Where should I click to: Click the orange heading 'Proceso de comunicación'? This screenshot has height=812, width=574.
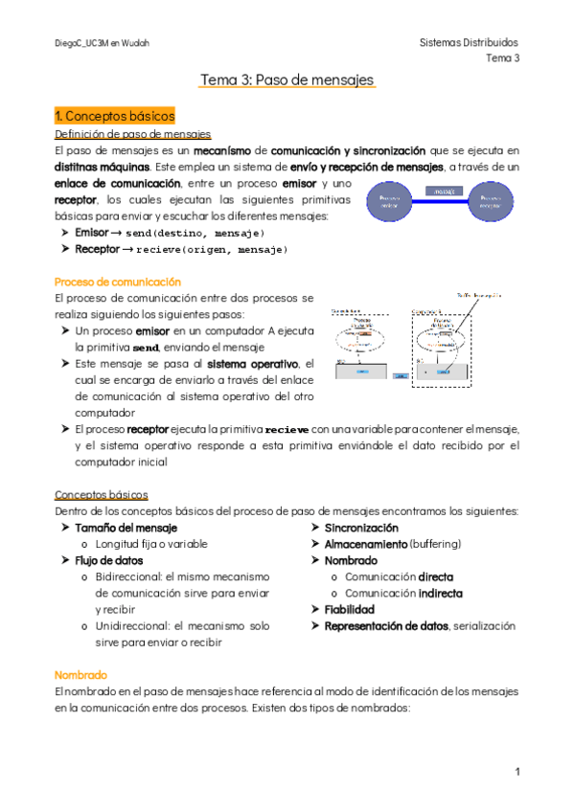click(117, 282)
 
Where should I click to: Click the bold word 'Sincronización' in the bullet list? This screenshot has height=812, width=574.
click(361, 528)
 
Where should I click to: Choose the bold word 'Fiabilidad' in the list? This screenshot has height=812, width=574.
click(350, 609)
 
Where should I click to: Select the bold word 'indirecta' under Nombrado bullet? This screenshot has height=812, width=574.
click(440, 593)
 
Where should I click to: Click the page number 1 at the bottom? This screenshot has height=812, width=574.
click(517, 771)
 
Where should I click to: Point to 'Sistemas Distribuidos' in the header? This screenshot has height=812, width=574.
click(469, 43)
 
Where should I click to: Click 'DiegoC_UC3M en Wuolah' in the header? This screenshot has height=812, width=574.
click(102, 44)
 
